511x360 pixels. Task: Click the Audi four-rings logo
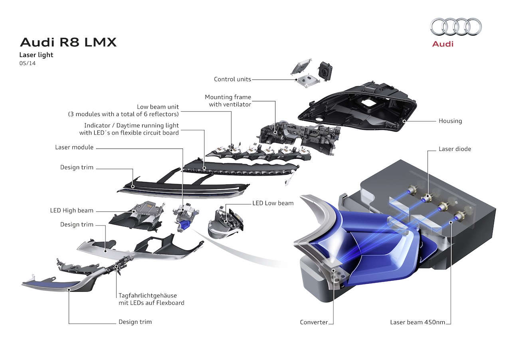coord(456,27)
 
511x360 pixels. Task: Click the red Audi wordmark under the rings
coord(443,44)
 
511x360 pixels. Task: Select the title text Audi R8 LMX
coord(68,42)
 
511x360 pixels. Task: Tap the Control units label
coord(232,79)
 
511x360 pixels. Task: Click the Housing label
coord(450,121)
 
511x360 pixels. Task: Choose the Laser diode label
coord(455,149)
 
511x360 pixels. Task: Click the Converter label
coord(314,322)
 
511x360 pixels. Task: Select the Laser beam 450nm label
coord(418,322)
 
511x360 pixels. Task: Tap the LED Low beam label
coord(273,203)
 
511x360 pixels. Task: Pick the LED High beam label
coord(71,210)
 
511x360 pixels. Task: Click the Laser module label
coord(74,147)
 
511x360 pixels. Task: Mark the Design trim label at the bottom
coord(135,322)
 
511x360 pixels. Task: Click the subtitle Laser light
coord(36,55)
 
